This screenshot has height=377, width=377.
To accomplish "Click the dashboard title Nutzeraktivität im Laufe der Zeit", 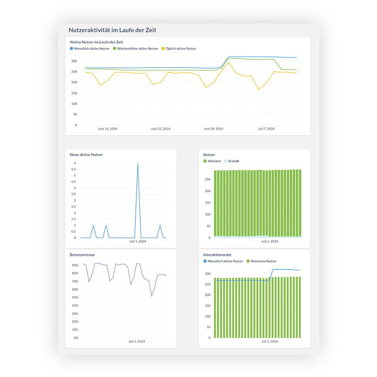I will pyautogui.click(x=112, y=30).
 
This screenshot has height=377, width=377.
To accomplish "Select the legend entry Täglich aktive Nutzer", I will pyautogui.click(x=179, y=49).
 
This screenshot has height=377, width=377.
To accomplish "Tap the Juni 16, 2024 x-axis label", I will pyautogui.click(x=107, y=129).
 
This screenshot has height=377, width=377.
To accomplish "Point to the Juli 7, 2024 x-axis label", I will pyautogui.click(x=266, y=129).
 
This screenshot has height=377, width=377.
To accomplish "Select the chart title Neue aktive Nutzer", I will pyautogui.click(x=86, y=155).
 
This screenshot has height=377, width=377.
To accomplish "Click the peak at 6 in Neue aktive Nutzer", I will pyautogui.click(x=138, y=163).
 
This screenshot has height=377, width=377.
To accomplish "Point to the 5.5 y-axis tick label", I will pyautogui.click(x=73, y=176).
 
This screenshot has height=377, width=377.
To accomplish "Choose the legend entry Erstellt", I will pyautogui.click(x=233, y=161).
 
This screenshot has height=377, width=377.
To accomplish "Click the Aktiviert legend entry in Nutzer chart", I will pyautogui.click(x=213, y=161).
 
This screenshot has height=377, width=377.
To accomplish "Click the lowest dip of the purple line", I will pyautogui.click(x=152, y=296).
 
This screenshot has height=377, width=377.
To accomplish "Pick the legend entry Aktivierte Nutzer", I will pyautogui.click(x=263, y=261).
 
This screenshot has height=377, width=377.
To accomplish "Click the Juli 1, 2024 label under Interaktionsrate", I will pyautogui.click(x=270, y=342).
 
